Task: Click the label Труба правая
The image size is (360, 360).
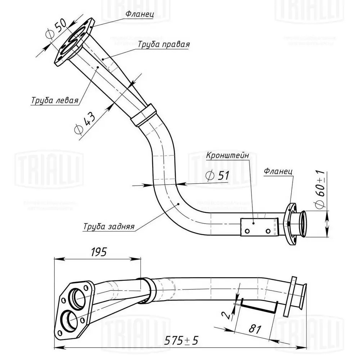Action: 163,44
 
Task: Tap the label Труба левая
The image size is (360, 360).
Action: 54,100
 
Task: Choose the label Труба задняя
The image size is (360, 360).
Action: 109,227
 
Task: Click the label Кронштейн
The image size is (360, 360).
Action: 228,156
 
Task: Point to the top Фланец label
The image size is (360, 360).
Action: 140,14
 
